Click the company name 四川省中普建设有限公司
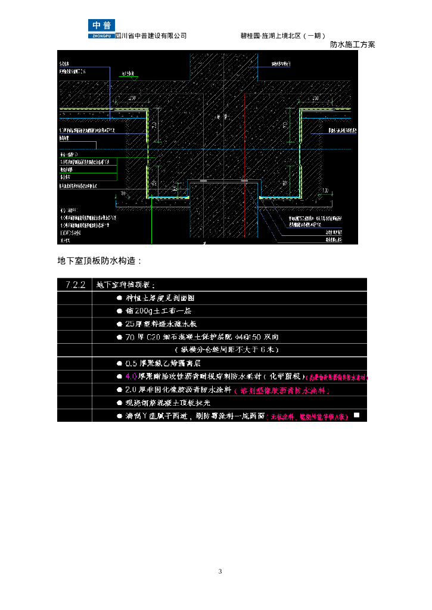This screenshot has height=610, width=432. pyautogui.click(x=151, y=36)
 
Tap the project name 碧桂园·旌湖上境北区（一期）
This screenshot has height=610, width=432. pyautogui.click(x=283, y=36)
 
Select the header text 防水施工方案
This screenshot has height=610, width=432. pyautogui.click(x=353, y=45)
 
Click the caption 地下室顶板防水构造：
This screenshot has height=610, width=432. pyautogui.click(x=100, y=261)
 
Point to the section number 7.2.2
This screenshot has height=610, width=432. pyautogui.click(x=74, y=285)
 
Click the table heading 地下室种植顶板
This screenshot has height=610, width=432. pyautogui.click(x=125, y=285)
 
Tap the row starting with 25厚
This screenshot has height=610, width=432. pyautogui.click(x=161, y=324)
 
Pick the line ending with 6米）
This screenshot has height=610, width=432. pyautogui.click(x=226, y=350)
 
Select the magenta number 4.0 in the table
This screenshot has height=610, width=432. pyautogui.click(x=131, y=376)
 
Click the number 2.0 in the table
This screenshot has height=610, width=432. pyautogui.click(x=131, y=390)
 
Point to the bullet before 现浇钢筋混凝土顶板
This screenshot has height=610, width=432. pyautogui.click(x=120, y=403)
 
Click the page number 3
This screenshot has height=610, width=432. pyautogui.click(x=220, y=571)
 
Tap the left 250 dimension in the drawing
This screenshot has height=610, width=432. pyautogui.click(x=132, y=98)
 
